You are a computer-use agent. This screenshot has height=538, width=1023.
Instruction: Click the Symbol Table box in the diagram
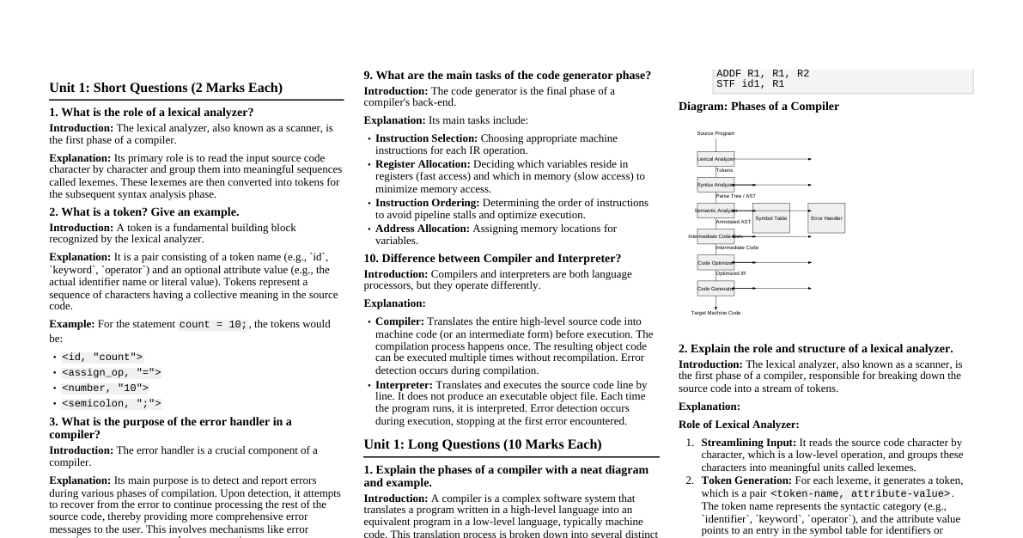(770, 218)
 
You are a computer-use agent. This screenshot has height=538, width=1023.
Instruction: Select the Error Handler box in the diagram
(826, 218)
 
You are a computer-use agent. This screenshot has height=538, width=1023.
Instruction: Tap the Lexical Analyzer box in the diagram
(715, 159)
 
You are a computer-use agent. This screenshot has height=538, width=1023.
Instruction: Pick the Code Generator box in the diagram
(715, 289)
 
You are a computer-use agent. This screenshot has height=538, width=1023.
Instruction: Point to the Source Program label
(715, 133)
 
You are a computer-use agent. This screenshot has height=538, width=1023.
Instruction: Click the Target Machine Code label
(715, 313)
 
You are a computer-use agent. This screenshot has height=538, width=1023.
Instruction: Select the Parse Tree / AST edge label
(735, 196)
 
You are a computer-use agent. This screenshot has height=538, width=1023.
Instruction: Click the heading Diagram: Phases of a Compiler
(758, 107)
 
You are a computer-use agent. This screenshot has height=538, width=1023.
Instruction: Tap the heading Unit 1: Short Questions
(166, 88)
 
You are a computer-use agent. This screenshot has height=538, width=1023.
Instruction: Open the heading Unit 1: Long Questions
(483, 444)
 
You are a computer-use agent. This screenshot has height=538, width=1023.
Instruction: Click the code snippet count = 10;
(214, 325)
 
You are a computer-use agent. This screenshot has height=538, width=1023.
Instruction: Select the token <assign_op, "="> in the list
(112, 373)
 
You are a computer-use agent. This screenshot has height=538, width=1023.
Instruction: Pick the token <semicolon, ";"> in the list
(112, 404)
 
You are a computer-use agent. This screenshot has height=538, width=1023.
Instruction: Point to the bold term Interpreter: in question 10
(404, 385)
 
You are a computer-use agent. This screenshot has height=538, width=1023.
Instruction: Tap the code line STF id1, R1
(750, 84)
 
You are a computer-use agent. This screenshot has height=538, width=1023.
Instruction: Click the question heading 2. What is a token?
(144, 212)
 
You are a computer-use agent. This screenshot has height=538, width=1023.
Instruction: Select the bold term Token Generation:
(746, 480)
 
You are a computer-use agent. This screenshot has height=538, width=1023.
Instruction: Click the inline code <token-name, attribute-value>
(860, 494)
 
